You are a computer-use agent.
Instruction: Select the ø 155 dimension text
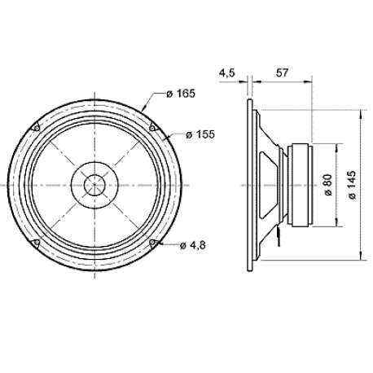tap(200, 134)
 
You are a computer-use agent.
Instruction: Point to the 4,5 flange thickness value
tap(226, 73)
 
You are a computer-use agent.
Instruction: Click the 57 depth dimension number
tap(283, 73)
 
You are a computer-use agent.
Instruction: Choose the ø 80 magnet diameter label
tap(327, 185)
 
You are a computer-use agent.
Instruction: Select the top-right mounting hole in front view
tap(154, 126)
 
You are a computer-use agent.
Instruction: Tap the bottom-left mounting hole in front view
tap(37, 243)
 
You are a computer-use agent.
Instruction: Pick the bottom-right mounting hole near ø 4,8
tap(154, 243)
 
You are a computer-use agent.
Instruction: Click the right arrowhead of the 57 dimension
tap(313, 81)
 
